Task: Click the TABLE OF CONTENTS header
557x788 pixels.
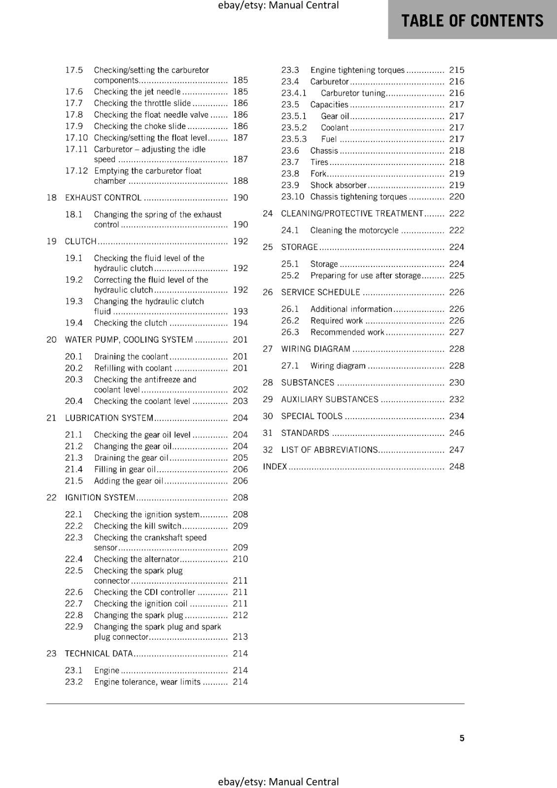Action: [472, 21]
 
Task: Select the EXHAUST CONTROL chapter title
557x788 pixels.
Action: [103, 197]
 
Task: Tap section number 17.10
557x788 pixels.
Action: [76, 138]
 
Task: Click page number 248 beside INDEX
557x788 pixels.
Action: [456, 466]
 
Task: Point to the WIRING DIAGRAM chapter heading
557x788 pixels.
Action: [315, 349]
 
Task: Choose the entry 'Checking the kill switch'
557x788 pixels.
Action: [138, 526]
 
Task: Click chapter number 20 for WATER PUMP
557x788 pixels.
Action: [51, 340]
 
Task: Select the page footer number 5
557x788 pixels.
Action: [462, 738]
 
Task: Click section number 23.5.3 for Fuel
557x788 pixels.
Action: [294, 139]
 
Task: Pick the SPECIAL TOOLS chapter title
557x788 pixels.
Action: [312, 416]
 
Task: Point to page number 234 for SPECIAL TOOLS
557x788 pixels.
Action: [456, 416]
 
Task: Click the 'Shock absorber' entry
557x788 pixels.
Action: [338, 185]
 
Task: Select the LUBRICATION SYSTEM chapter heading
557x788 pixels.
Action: [109, 418]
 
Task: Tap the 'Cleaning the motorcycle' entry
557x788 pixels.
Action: [354, 230]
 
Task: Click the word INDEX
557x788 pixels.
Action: [275, 466]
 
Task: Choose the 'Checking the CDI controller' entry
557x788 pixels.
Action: [144, 592]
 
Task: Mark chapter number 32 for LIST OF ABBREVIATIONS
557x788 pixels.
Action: [268, 450]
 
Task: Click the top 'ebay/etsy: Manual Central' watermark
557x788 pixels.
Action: [278, 5]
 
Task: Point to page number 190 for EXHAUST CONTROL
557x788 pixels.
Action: [240, 197]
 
